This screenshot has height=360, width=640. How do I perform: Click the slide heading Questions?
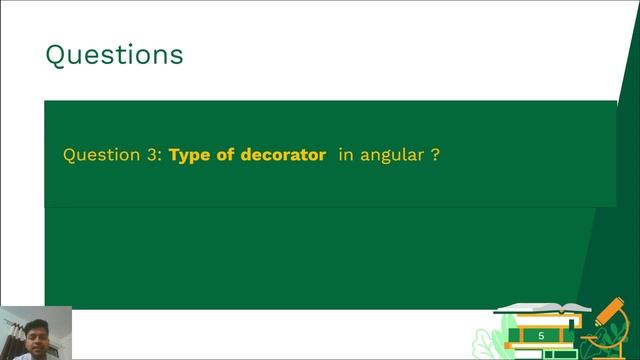click(114, 54)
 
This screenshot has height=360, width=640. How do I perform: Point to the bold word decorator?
click(283, 156)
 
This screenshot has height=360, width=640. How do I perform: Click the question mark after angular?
click(435, 156)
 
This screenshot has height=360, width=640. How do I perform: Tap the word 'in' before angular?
click(346, 156)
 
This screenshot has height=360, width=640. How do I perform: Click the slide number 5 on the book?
click(541, 336)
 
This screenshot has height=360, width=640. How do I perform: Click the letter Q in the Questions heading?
click(56, 54)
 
